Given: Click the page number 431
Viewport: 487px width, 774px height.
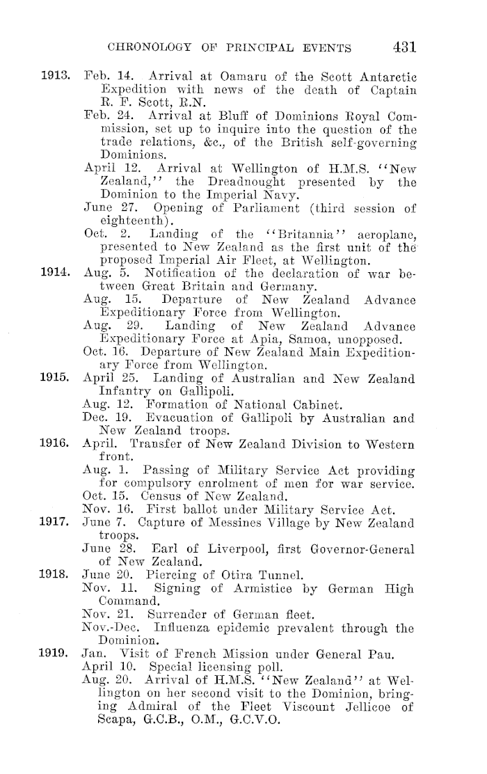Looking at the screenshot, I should click(404, 47).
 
